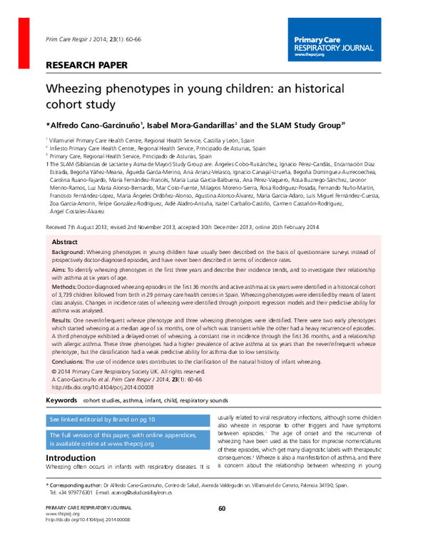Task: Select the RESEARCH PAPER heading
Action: tap(86, 65)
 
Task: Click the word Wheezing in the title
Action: tap(79, 91)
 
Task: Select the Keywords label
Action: tap(61, 401)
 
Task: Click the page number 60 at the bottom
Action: tap(222, 508)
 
